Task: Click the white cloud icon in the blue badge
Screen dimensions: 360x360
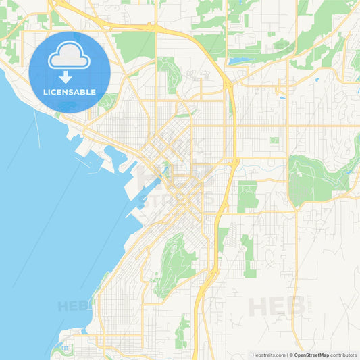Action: [69, 55]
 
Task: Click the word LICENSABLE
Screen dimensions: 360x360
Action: [69, 91]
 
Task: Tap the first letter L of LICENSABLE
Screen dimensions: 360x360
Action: [45, 91]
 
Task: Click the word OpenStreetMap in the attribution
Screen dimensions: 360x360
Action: [311, 355]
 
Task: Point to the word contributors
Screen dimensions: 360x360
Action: [344, 355]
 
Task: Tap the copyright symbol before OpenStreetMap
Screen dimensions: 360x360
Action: [291, 355]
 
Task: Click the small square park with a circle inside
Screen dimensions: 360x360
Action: [274, 140]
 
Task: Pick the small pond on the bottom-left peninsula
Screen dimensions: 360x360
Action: [65, 348]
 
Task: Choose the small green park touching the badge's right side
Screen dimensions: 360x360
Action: [107, 101]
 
